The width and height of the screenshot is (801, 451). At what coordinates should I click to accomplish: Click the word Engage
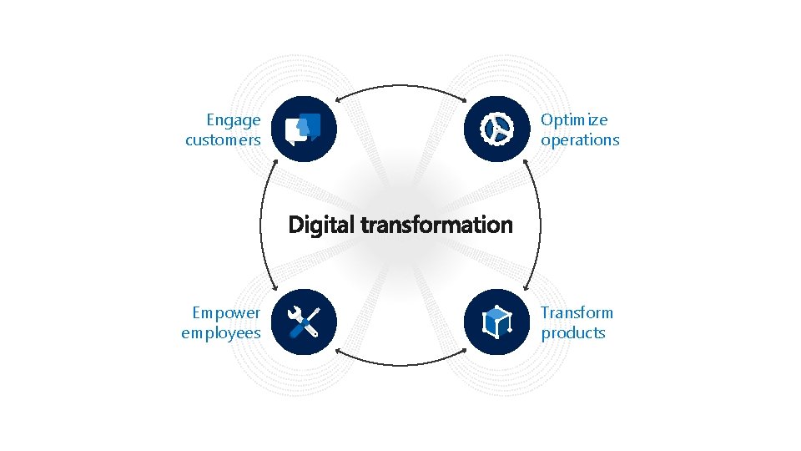coord(234,121)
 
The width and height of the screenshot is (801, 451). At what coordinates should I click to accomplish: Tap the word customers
coord(223,140)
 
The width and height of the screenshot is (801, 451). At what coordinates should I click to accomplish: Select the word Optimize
coord(574,120)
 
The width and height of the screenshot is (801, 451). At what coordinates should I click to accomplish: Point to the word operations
coord(580,140)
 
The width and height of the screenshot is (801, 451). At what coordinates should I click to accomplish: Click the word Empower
coord(226,313)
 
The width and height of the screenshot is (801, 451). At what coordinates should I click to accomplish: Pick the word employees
coord(221,333)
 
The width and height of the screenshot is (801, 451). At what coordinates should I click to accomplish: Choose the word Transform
coord(577,313)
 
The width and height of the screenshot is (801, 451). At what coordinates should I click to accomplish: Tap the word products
coord(573,333)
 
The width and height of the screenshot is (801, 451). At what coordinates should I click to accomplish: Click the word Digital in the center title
coord(320,225)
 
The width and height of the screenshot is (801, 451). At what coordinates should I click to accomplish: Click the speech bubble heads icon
coord(304,129)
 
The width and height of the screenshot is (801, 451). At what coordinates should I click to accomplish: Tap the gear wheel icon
coord(497,129)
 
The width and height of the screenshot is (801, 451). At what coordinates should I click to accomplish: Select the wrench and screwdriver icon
coord(304,322)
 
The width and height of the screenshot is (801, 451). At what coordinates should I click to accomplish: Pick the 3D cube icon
coord(497,322)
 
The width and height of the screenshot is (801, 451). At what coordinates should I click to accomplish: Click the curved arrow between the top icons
coord(400,87)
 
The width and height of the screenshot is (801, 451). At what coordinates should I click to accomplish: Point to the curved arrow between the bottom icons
coord(400,362)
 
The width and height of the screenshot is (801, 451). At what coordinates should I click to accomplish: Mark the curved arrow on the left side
coord(261,225)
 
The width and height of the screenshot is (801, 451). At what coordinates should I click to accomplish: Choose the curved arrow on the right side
coord(540,225)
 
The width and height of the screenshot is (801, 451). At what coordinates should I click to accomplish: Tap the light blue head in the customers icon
coord(309,127)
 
